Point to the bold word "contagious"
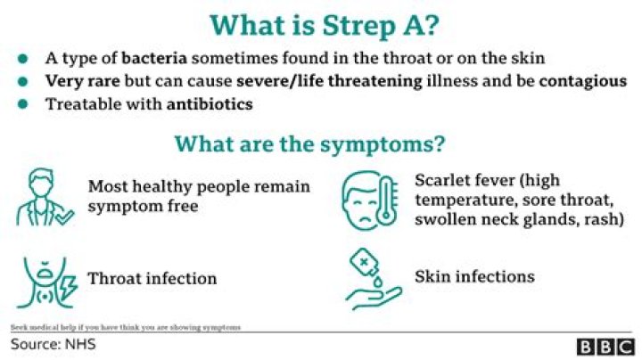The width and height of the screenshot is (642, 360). (x=576, y=81)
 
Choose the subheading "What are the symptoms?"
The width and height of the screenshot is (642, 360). (x=309, y=143)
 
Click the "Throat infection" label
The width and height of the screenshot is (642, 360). (x=152, y=279)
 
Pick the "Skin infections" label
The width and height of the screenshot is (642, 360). (x=474, y=276)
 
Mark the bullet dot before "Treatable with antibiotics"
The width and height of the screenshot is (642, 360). (x=21, y=104)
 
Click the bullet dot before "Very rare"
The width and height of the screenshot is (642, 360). (x=21, y=82)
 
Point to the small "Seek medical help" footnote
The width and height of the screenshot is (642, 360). (x=125, y=327)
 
